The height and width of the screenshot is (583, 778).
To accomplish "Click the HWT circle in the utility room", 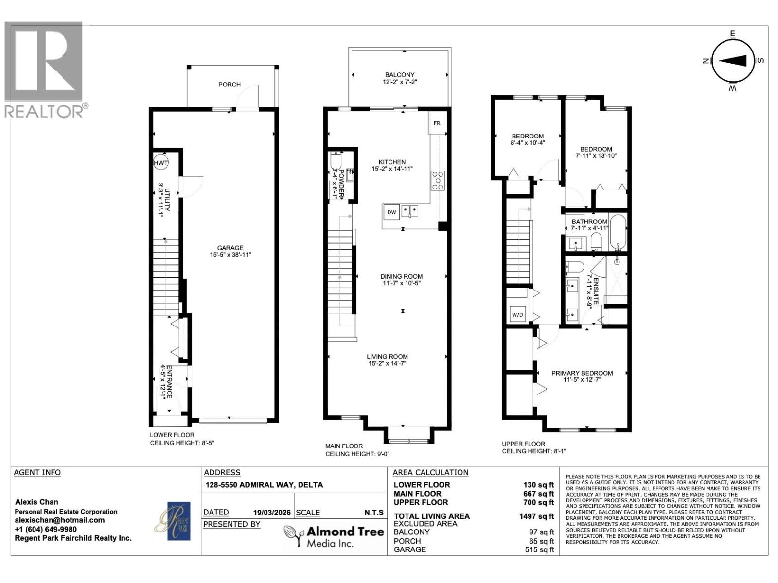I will coord(161,163).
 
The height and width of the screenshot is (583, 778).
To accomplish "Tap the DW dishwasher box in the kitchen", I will coord(391,212).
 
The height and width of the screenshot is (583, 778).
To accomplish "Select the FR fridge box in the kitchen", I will coord(437,123).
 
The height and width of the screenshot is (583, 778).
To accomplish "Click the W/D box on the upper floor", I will coord(517,315).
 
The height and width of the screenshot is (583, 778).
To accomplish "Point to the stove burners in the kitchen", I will coord(438,180).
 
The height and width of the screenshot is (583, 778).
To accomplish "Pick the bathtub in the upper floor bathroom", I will coord(619,232).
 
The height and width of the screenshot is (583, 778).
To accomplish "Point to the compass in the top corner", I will coord(733,61).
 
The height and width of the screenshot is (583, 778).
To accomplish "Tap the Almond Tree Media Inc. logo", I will coord(335,536).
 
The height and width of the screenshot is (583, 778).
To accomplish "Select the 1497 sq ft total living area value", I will coord(536,516).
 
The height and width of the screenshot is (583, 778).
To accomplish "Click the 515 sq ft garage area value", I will coord(541,549).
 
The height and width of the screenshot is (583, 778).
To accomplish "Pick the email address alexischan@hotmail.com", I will coord(60,520).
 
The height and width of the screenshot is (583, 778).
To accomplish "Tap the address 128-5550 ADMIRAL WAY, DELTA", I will coord(264,485).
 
